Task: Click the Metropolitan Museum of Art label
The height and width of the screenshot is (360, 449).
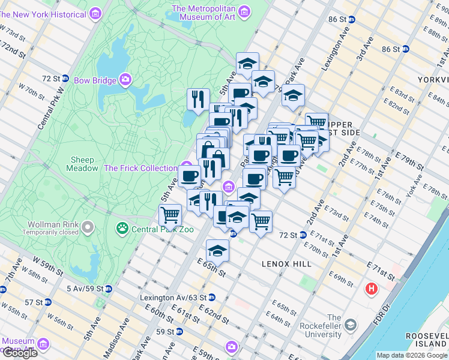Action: click(x=204, y=12)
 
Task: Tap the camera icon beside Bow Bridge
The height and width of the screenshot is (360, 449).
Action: click(x=125, y=79)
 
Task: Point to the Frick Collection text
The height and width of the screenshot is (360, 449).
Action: click(x=140, y=169)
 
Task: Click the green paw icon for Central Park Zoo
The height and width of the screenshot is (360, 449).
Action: click(x=122, y=228)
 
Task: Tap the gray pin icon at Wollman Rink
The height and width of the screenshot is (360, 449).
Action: click(x=88, y=227)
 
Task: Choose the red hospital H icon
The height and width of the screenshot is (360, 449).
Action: click(x=372, y=289)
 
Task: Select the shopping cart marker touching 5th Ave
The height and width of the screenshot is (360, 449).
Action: click(x=170, y=214)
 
